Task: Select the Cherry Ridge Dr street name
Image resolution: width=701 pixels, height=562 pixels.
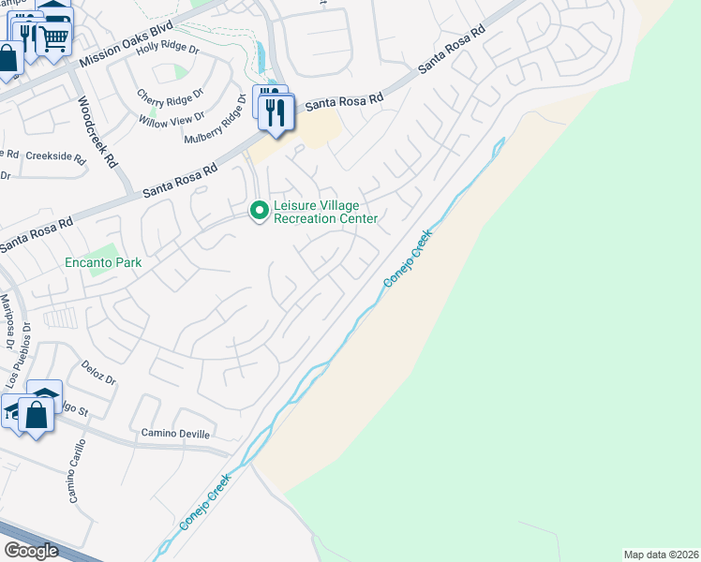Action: (170, 96)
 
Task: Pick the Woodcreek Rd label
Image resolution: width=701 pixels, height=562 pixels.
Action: (97, 130)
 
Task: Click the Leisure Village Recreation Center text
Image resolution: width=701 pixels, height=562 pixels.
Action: (324, 213)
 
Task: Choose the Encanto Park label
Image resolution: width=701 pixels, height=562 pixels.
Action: (103, 263)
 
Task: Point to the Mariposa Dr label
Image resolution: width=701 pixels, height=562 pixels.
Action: (10, 322)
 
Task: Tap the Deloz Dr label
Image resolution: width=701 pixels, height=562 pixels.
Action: (97, 374)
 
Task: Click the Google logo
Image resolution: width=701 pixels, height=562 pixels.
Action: (30, 551)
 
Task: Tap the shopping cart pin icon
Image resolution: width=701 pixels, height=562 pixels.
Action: (53, 37)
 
